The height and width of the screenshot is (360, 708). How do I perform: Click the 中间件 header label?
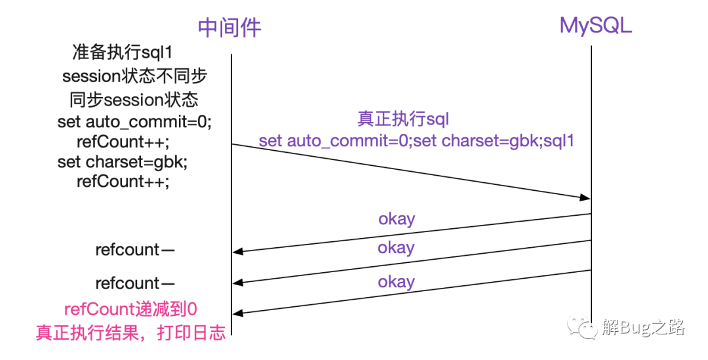(x=229, y=27)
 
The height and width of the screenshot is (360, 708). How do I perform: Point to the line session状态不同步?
(x=134, y=76)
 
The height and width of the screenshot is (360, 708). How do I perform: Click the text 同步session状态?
(x=134, y=100)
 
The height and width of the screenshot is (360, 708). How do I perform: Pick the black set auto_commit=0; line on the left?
(x=134, y=122)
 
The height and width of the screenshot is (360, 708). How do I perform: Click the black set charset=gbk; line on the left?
(x=127, y=161)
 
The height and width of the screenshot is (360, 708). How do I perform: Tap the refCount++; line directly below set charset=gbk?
(x=123, y=181)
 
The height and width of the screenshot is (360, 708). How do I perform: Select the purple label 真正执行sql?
(x=403, y=119)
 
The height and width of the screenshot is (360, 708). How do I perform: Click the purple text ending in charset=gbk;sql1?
(x=416, y=140)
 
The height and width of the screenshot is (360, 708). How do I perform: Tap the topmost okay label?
(x=397, y=218)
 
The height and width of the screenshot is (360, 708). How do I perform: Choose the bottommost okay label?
(x=396, y=282)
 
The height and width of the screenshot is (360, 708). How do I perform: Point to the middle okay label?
(x=396, y=248)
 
